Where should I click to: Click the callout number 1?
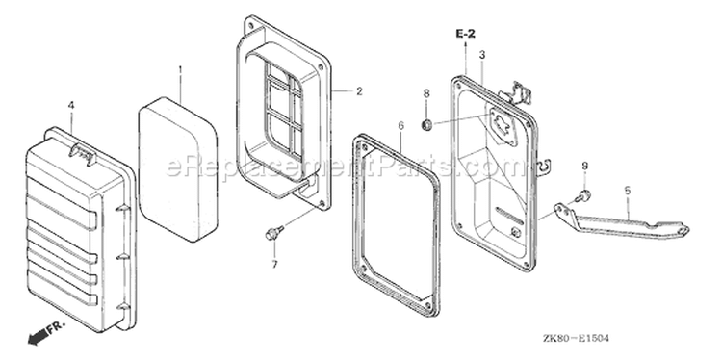click(x=180, y=69)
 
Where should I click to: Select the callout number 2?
click(x=359, y=91)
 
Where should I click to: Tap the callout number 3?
click(x=482, y=55)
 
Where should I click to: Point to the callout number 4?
click(x=71, y=106)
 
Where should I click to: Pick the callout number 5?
click(x=627, y=191)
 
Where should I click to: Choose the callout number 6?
click(x=400, y=126)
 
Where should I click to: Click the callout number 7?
click(x=274, y=265)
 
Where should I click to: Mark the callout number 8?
click(x=426, y=94)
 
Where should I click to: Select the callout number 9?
click(x=584, y=166)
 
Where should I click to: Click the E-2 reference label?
click(x=466, y=34)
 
